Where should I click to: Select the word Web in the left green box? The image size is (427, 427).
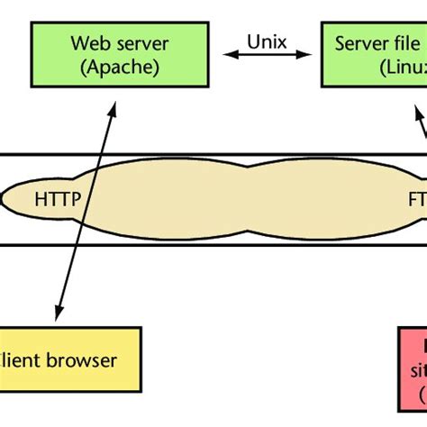coord(88,43)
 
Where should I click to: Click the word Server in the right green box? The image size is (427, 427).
coord(357,43)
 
